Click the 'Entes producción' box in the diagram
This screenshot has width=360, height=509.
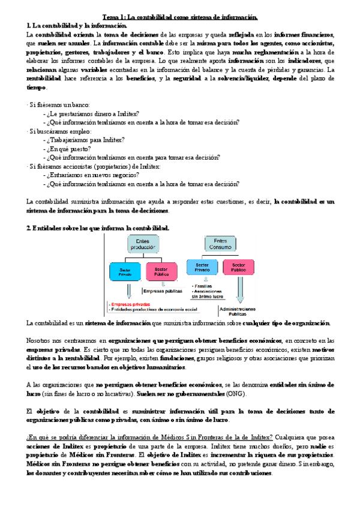pyautogui.click(x=142, y=244)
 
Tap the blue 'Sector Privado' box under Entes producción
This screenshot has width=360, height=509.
pyautogui.click(x=125, y=271)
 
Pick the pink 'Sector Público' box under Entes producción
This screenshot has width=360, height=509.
pyautogui.click(x=161, y=271)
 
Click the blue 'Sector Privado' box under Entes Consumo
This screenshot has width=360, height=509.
pyautogui.click(x=202, y=267)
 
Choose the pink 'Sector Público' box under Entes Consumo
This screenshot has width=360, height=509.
pyautogui.click(x=238, y=267)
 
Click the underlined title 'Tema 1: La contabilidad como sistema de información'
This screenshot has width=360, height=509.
pyautogui.click(x=179, y=17)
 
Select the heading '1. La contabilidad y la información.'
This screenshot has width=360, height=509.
pyautogui.click(x=71, y=25)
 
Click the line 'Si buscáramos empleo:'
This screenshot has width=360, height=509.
pyautogui.click(x=60, y=131)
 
